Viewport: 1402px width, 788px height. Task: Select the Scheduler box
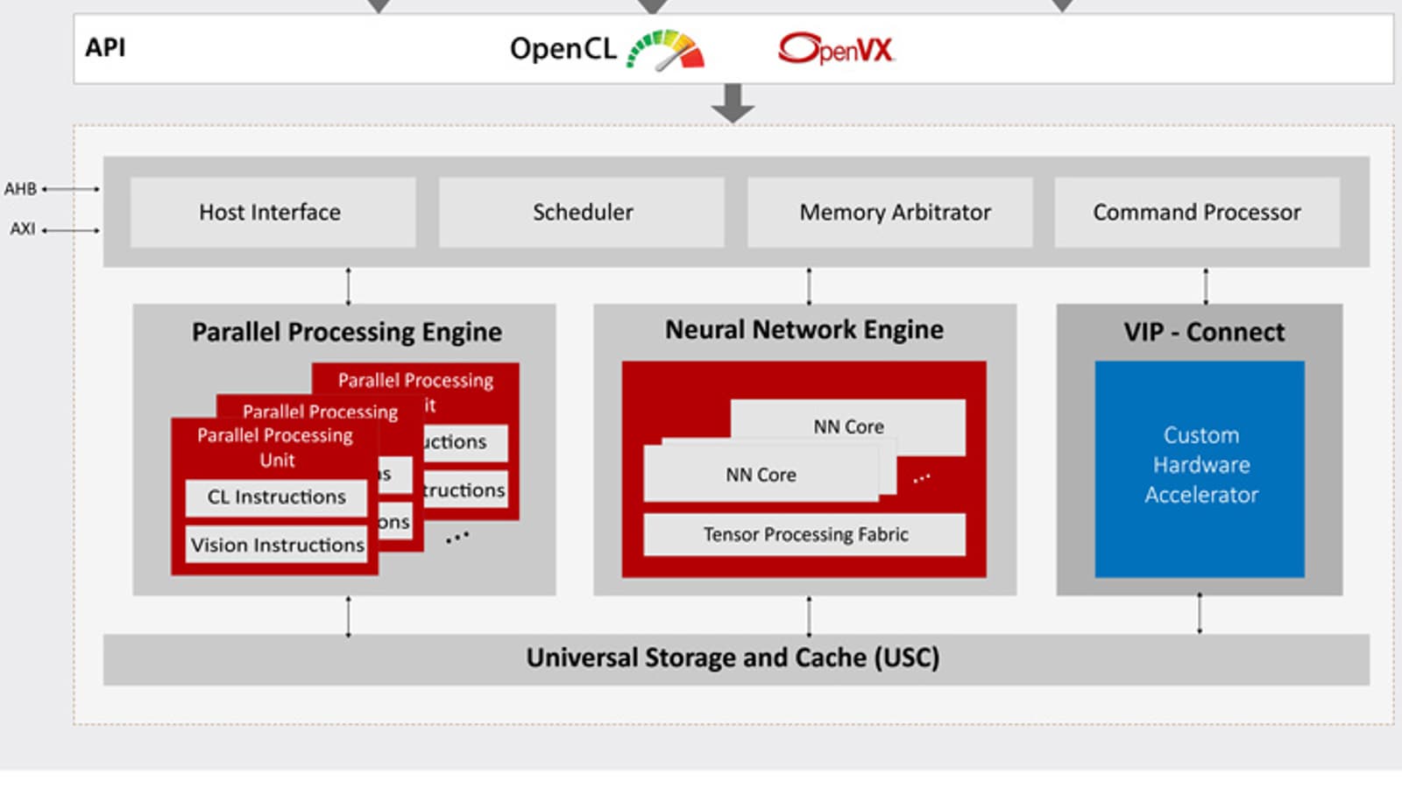(582, 212)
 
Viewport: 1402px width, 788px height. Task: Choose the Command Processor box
(1197, 212)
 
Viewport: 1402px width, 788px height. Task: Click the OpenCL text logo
(563, 49)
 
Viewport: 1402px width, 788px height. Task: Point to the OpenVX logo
(837, 49)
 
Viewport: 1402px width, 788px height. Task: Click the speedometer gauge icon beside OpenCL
(668, 50)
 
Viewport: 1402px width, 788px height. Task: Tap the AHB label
(20, 189)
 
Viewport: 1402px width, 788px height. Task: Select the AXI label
(23, 229)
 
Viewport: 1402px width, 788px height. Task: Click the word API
(105, 47)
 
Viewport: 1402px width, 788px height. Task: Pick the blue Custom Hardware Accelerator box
(1200, 468)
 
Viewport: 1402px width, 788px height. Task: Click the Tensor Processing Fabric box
(804, 534)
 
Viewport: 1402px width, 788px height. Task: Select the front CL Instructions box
(276, 497)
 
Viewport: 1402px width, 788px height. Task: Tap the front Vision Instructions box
(277, 545)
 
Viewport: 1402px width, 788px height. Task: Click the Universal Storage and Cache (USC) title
(733, 658)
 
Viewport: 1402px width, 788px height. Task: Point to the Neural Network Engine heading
(804, 330)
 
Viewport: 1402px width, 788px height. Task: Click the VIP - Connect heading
(1204, 332)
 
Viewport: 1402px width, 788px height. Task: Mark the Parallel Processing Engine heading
(347, 333)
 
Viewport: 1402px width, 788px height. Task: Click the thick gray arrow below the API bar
(733, 103)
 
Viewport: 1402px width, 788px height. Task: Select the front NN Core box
(761, 475)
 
